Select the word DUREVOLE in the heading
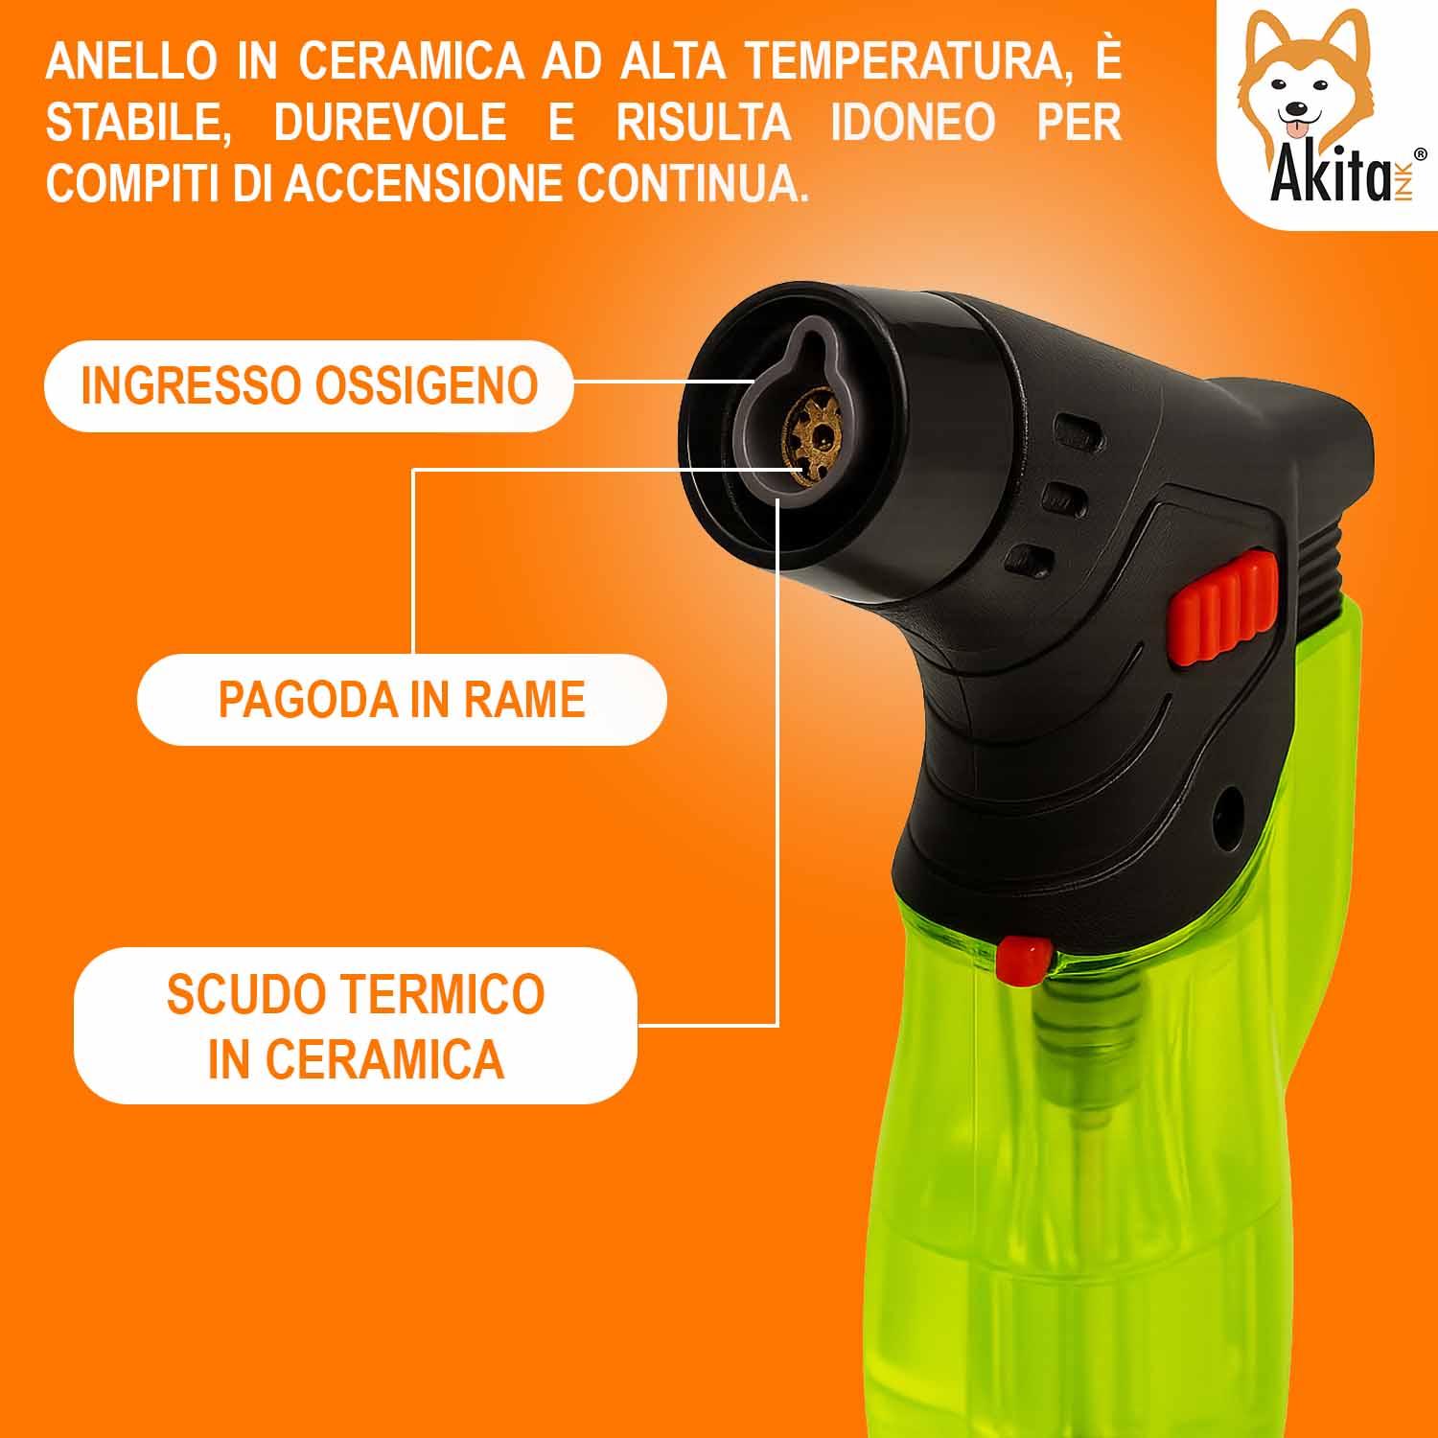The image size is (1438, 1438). (x=390, y=123)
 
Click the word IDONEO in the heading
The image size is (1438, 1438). (x=913, y=123)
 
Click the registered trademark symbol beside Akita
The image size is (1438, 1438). (x=1420, y=153)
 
